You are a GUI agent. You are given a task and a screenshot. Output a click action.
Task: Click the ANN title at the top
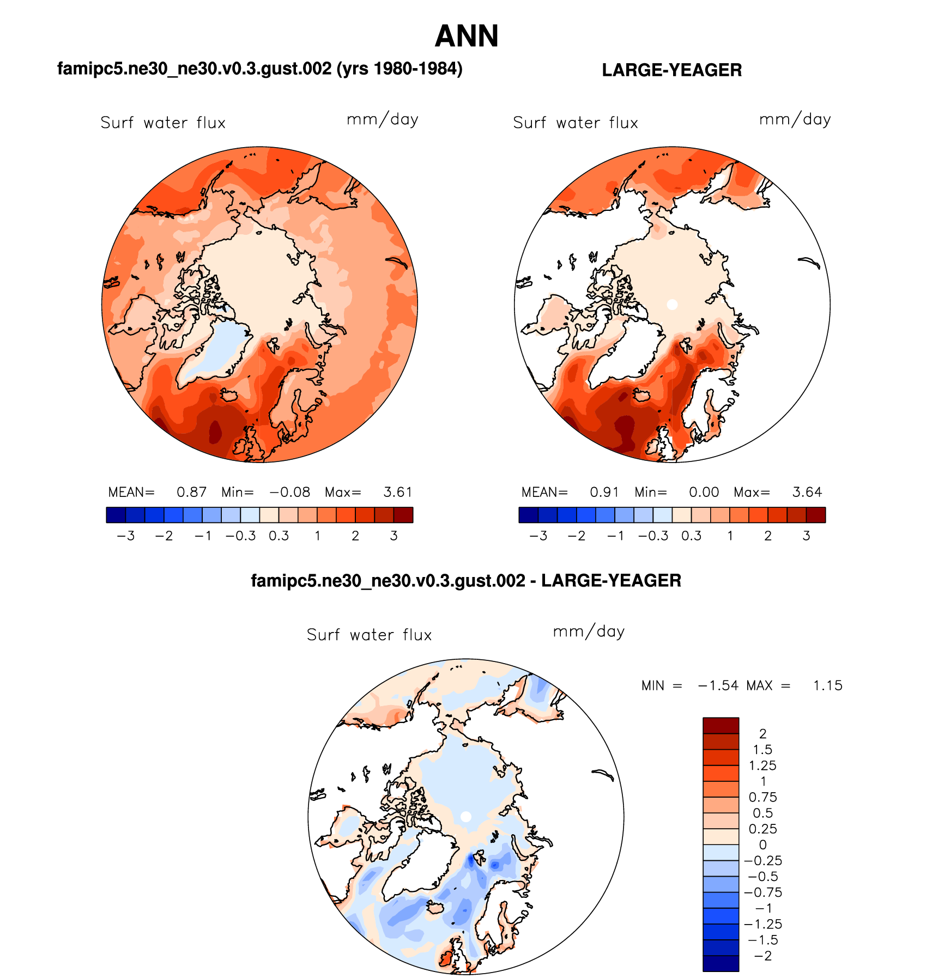(x=466, y=37)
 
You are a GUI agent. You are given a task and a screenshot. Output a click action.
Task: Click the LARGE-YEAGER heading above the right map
(x=671, y=70)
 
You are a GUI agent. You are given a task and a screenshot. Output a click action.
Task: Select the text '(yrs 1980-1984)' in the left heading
(x=400, y=69)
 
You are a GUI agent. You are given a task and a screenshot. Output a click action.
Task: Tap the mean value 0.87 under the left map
(x=191, y=493)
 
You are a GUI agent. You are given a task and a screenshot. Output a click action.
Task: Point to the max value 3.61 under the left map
(x=397, y=493)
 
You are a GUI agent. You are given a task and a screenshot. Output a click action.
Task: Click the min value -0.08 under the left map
(x=290, y=493)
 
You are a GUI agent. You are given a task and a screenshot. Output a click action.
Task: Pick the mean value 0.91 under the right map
(x=604, y=493)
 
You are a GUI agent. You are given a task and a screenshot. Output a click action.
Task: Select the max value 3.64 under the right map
(x=807, y=493)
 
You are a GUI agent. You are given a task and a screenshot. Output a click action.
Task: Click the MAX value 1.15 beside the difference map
(x=827, y=685)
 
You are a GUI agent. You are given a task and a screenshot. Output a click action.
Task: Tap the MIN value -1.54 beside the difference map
(x=718, y=685)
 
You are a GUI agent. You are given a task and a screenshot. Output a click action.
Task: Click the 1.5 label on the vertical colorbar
(x=762, y=750)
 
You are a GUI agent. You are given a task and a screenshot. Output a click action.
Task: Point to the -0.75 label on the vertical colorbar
(x=763, y=892)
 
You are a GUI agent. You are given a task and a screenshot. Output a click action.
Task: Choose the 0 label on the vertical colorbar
(x=762, y=845)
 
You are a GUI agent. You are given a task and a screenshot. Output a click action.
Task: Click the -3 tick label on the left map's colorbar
(x=126, y=536)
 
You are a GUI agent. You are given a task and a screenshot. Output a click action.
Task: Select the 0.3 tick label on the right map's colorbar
(x=691, y=536)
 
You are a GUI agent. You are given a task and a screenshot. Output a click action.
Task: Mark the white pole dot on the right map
(x=672, y=305)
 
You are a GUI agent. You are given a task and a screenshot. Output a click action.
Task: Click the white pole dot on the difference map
(x=465, y=816)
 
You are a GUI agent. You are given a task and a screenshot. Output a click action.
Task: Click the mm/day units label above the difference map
(x=589, y=632)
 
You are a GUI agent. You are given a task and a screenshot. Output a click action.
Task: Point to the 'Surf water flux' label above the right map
(x=575, y=123)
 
